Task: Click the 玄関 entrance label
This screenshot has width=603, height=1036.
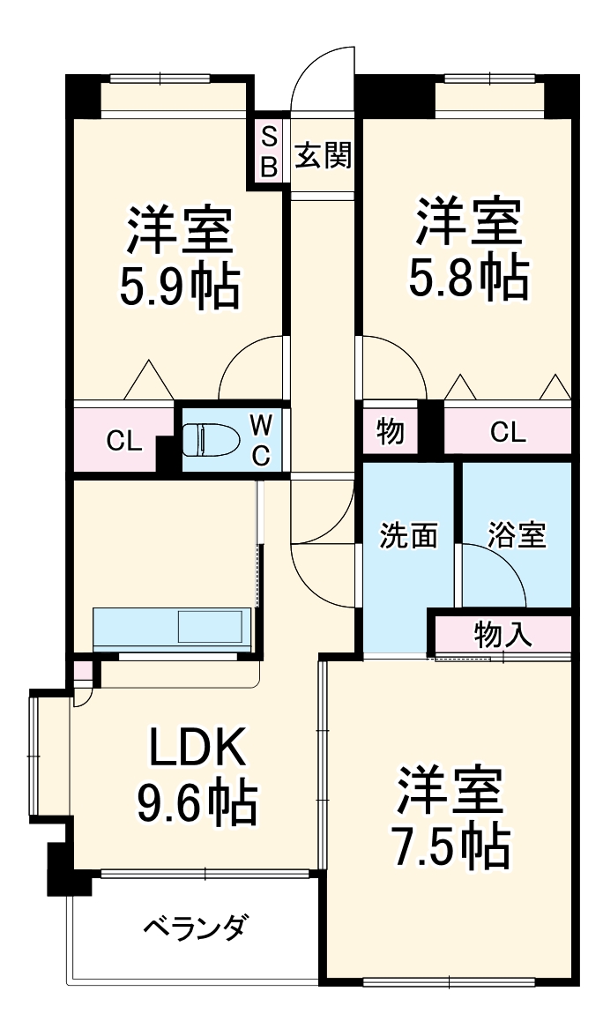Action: (323, 155)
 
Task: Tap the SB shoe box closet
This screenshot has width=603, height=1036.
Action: (269, 151)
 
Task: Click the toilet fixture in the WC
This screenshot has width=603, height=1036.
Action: (210, 439)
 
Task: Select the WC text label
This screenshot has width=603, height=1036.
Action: (260, 440)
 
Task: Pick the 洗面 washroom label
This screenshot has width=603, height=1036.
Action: (409, 536)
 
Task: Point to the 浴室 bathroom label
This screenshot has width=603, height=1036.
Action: (517, 535)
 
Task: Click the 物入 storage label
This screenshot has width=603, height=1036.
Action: (502, 634)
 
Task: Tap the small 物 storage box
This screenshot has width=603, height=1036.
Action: (391, 432)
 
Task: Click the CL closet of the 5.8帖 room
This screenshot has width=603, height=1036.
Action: (507, 432)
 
